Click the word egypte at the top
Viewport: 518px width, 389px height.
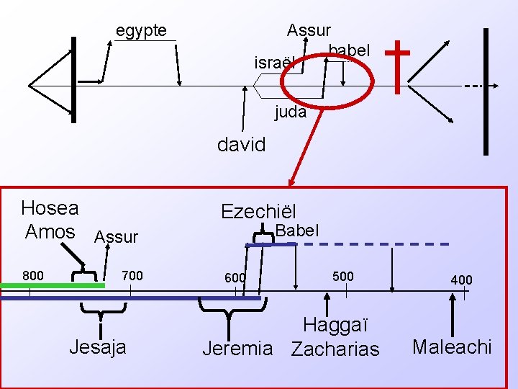(141, 31)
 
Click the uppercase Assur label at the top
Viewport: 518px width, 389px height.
(309, 30)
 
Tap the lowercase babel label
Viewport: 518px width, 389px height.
(349, 50)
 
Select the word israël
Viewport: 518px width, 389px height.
(276, 63)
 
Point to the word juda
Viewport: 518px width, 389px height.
(291, 112)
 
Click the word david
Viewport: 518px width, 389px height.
(242, 145)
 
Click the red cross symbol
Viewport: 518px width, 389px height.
(397, 66)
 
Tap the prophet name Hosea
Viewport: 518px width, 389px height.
(50, 208)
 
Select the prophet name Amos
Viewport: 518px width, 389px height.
(50, 231)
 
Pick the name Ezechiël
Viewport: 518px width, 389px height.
(258, 211)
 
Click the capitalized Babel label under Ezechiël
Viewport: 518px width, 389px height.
(296, 231)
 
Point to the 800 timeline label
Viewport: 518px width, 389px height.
(32, 275)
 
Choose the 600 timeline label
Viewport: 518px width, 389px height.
(235, 278)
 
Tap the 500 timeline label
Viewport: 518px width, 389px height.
(342, 276)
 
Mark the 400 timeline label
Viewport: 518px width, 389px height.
(461, 279)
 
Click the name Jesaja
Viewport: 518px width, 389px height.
(98, 347)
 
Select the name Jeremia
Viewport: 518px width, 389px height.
(237, 349)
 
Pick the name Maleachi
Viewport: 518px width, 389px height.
(452, 347)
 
